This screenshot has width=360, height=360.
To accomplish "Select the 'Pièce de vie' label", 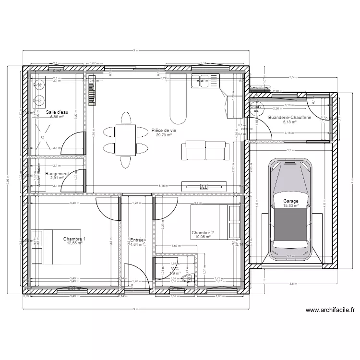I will (164, 130).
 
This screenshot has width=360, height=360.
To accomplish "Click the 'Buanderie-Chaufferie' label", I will (289, 118).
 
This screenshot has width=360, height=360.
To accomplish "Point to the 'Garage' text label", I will (290, 202).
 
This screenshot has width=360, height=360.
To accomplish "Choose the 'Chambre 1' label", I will (74, 239).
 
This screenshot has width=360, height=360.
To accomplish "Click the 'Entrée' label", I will (137, 239).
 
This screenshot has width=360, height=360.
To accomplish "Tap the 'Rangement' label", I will (57, 174).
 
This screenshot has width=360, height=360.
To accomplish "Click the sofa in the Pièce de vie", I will (204, 151).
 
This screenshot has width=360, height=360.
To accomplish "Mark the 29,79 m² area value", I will (164, 135).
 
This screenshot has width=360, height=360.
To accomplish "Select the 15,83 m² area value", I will (290, 206).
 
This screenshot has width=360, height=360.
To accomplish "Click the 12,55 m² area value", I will (74, 243).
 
